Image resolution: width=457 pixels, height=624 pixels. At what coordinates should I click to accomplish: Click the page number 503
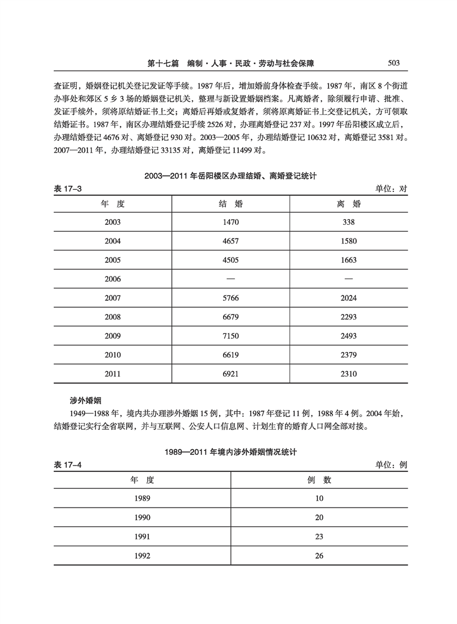pyautogui.click(x=395, y=63)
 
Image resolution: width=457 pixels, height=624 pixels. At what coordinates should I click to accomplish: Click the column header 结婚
pyautogui.click(x=230, y=204)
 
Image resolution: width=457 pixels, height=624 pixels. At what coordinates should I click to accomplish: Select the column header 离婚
pyautogui.click(x=349, y=204)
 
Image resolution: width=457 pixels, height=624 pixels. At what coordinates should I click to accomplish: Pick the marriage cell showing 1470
pyautogui.click(x=230, y=222)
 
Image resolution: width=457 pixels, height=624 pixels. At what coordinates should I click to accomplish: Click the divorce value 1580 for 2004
pyautogui.click(x=349, y=241)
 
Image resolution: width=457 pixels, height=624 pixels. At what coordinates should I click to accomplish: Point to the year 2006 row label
pyautogui.click(x=112, y=279)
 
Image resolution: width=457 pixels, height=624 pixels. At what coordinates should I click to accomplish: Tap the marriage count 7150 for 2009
pyautogui.click(x=230, y=336)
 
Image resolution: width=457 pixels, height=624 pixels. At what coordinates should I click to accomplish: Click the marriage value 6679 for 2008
pyautogui.click(x=230, y=317)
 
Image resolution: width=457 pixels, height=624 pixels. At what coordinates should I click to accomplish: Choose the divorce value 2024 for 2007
pyautogui.click(x=349, y=298)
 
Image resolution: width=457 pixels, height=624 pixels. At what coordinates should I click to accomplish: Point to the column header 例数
pyautogui.click(x=319, y=480)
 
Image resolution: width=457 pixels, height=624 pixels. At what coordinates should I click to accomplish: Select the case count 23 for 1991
pyautogui.click(x=319, y=537)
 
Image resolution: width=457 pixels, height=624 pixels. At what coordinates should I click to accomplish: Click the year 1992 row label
pyautogui.click(x=142, y=556)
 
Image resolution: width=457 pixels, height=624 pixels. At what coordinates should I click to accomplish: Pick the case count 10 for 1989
pyautogui.click(x=319, y=499)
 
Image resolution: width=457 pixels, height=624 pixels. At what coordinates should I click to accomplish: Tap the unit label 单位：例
pyautogui.click(x=392, y=464)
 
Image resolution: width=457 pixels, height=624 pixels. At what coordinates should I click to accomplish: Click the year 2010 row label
pyautogui.click(x=112, y=355)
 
